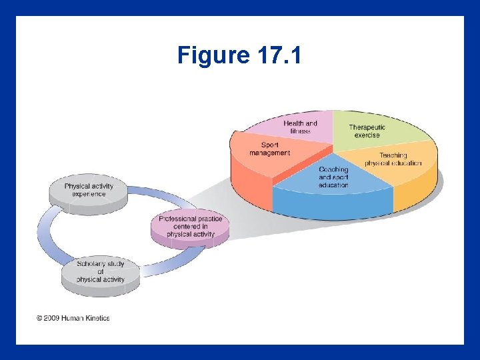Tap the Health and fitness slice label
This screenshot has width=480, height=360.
click(x=300, y=127)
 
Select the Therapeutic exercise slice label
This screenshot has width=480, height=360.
click(x=367, y=131)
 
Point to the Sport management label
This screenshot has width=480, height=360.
click(x=269, y=149)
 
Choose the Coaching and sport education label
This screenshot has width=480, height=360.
click(x=333, y=177)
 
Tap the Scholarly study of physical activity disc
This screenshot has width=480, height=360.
click(x=100, y=272)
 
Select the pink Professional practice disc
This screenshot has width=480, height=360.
click(x=190, y=227)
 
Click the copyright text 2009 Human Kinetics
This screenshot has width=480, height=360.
click(x=73, y=318)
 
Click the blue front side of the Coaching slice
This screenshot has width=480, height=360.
click(x=333, y=205)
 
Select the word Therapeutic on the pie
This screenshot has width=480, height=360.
click(x=367, y=127)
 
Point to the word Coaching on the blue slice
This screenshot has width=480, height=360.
click(x=333, y=170)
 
